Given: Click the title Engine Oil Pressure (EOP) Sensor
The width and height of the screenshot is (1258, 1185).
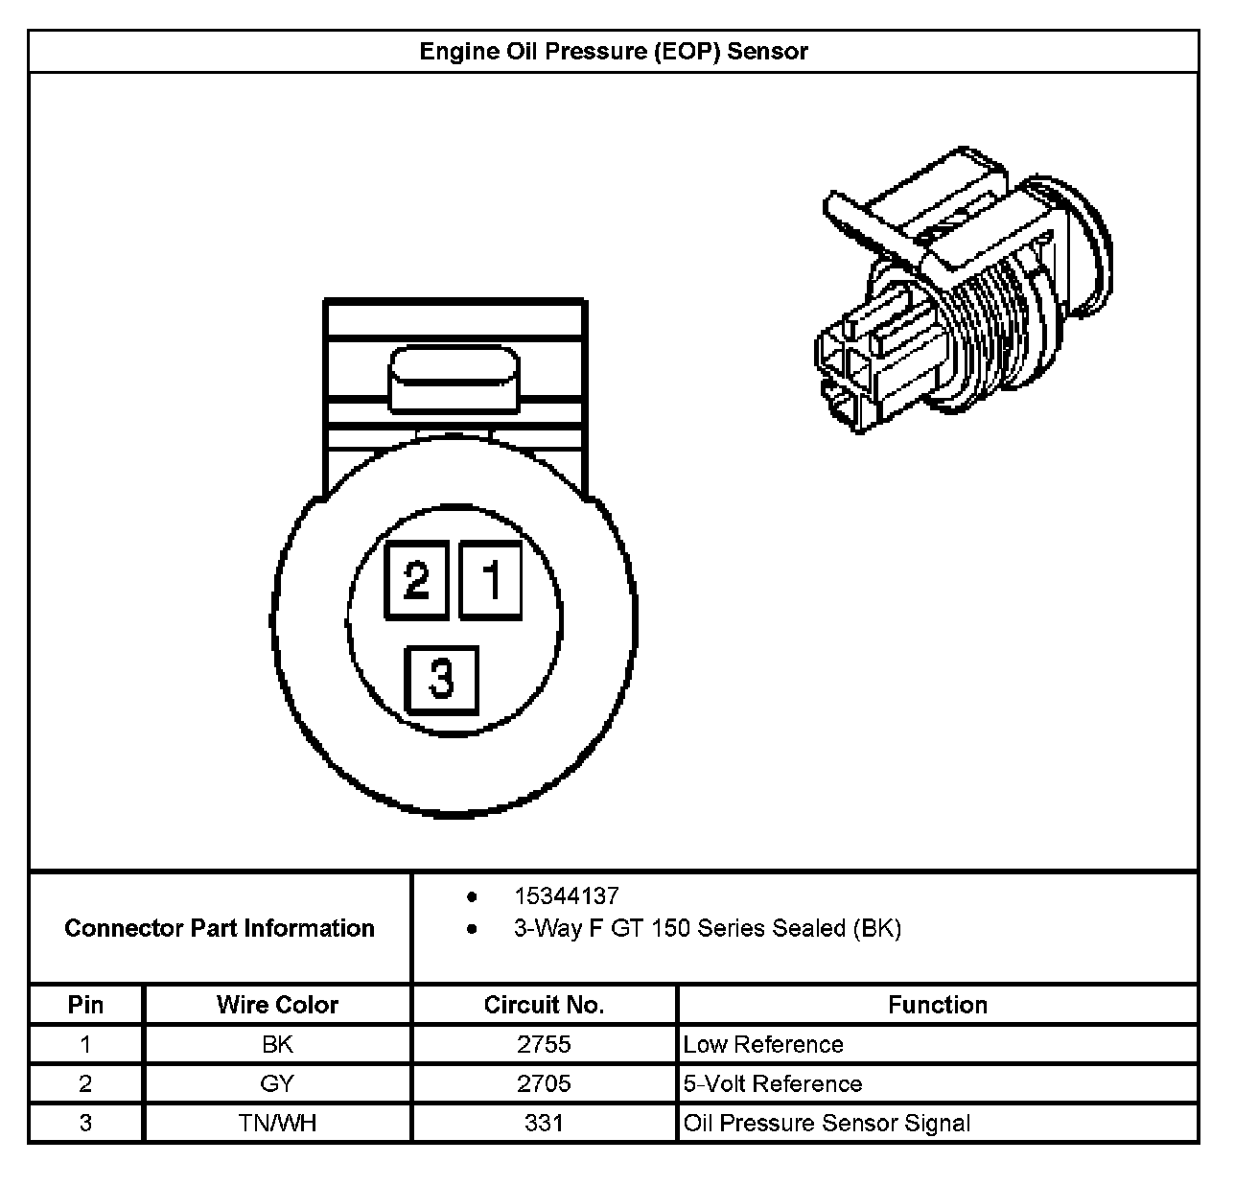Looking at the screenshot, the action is tap(614, 52).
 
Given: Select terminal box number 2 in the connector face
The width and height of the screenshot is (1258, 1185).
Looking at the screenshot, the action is tap(416, 580).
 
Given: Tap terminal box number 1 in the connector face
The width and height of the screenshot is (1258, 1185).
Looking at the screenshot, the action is tap(491, 580).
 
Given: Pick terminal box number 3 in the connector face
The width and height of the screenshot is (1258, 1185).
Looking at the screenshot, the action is tap(441, 679).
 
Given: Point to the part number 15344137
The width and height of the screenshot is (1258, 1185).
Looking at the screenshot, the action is tap(566, 896).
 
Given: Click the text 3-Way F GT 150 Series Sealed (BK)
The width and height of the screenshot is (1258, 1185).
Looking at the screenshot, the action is tap(707, 928).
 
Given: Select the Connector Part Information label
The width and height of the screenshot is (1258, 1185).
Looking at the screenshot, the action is tap(220, 928).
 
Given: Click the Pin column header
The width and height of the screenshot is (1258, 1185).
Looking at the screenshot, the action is tap(85, 1005).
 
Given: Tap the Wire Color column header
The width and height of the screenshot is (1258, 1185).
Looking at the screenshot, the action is tap(277, 1005).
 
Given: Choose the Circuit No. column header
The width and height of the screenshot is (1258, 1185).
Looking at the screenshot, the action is tap(544, 1005).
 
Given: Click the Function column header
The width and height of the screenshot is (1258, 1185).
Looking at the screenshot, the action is tap(937, 1005).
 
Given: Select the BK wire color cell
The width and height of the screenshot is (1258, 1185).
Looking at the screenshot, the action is tap(277, 1044).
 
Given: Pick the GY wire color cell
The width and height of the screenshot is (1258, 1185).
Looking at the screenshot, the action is tap(277, 1083).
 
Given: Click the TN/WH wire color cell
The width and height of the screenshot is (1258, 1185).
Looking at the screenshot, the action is tap(277, 1123).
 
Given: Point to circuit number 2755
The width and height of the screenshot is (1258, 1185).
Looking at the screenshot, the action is tap(544, 1044).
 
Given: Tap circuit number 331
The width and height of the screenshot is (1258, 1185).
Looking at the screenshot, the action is tap(544, 1123).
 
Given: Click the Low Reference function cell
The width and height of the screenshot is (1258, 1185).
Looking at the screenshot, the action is tap(763, 1044).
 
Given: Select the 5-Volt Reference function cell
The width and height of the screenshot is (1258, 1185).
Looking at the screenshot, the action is tap(773, 1083).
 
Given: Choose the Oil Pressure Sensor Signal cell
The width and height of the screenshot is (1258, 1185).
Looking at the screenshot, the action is tap(827, 1123).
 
